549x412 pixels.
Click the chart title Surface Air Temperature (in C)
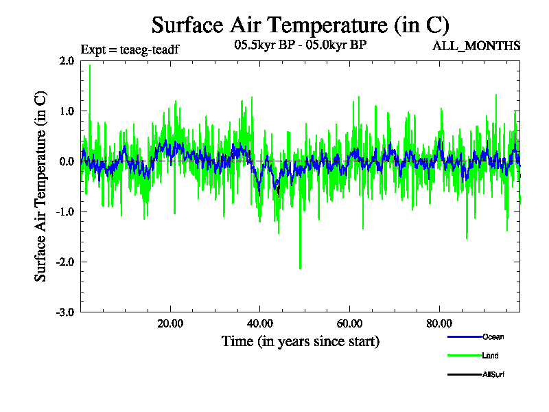300,25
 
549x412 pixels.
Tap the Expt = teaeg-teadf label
130,49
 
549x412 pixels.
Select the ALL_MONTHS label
476,46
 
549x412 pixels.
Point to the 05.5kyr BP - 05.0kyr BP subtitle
300,46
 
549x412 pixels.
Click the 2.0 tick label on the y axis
67,60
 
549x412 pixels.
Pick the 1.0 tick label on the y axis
67,111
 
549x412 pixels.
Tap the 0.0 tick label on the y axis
67,161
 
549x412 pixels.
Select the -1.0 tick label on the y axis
65,212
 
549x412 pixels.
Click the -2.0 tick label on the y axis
65,262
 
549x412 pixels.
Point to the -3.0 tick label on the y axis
65,312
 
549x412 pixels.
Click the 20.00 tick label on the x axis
170,324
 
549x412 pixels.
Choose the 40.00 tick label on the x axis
259,324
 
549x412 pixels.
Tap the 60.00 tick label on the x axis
349,324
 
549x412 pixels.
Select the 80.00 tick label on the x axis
439,324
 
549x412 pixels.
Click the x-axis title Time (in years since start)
300,341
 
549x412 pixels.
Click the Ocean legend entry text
493,336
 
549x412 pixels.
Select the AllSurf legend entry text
494,374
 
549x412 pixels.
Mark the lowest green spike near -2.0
300,268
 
